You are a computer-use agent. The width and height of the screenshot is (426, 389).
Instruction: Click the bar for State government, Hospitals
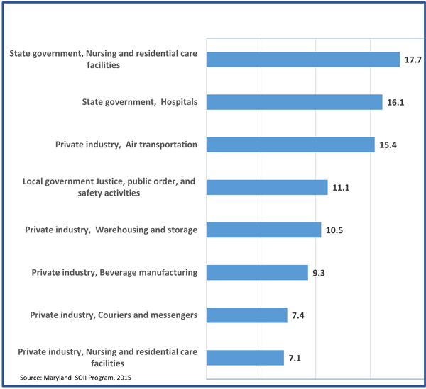coord(294,102)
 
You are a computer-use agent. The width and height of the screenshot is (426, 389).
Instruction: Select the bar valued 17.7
coord(302,60)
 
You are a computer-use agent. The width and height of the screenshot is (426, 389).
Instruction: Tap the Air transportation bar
coord(290,145)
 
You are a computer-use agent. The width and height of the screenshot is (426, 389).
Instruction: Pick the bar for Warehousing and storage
coord(263,230)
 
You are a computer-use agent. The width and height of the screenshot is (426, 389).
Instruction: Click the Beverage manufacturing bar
coord(256,272)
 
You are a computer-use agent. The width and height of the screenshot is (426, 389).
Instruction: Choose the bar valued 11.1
coord(266,187)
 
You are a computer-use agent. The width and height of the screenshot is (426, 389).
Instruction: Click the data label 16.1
coord(395,103)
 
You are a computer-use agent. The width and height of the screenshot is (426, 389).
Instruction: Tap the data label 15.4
coord(388,145)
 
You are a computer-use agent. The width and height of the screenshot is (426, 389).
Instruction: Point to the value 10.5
coord(334,230)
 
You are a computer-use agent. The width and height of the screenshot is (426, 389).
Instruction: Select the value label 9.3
coord(319,273)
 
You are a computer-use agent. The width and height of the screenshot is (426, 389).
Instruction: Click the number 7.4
coord(299,315)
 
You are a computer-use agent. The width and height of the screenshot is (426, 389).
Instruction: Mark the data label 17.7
coord(413,60)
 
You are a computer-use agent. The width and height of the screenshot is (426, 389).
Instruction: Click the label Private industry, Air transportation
coord(126,145)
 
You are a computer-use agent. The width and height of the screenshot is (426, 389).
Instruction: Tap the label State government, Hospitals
coord(138,102)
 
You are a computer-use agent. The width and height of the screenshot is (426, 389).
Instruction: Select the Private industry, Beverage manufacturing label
coord(114,272)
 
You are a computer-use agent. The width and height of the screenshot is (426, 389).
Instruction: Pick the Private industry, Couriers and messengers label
coord(113,314)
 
